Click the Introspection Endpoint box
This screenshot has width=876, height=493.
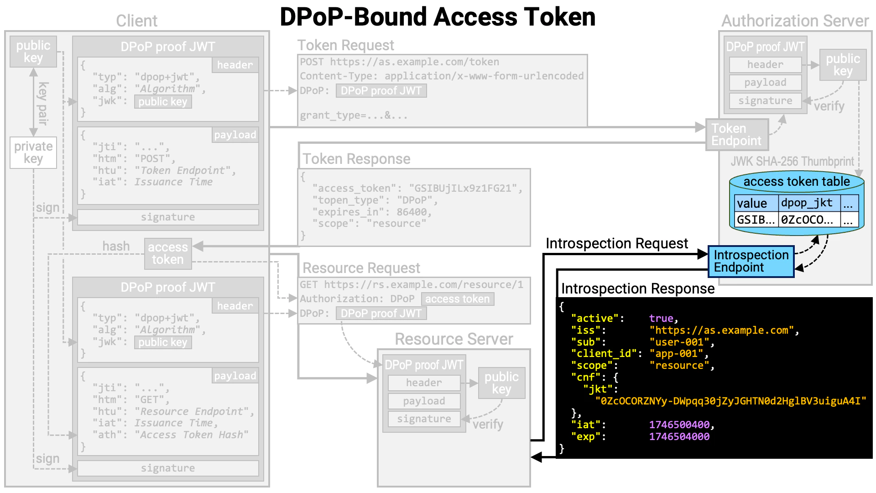click(751, 261)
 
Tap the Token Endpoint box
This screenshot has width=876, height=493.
click(736, 135)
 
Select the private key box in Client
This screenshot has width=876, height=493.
click(33, 152)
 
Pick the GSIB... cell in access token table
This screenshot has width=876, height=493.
click(756, 220)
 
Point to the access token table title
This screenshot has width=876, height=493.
click(797, 181)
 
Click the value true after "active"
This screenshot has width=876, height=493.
click(661, 318)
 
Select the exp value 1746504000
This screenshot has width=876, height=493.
click(679, 436)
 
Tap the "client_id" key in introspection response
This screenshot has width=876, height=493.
click(604, 353)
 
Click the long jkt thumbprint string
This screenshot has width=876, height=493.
click(730, 401)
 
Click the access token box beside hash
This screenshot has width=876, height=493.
click(167, 253)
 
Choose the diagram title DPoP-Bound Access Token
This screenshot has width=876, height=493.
click(437, 17)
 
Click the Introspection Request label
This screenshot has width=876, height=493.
click(616, 243)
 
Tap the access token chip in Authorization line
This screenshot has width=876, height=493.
click(457, 299)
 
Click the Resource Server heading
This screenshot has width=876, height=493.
click(454, 339)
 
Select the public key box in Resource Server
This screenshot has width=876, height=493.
click(501, 383)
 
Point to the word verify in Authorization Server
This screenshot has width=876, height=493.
click(829, 106)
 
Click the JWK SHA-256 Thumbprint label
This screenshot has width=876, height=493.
click(792, 161)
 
